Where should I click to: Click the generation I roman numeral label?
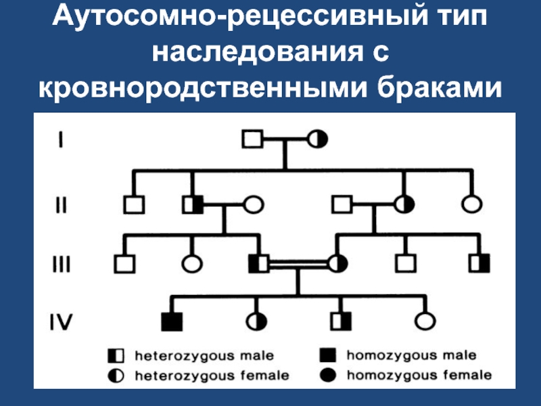pyautogui.click(x=61, y=139)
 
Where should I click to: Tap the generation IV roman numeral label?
pyautogui.click(x=61, y=322)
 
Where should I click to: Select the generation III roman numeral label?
pyautogui.click(x=62, y=264)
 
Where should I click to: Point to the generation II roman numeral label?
pyautogui.click(x=61, y=205)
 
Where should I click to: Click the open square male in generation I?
pyautogui.click(x=252, y=139)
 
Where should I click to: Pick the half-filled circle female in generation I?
pyautogui.click(x=317, y=139)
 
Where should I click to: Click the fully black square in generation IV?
pyautogui.click(x=172, y=322)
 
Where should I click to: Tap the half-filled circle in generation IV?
pyautogui.click(x=256, y=322)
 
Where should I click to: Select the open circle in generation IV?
pyautogui.click(x=425, y=321)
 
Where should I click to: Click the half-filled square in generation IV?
pyautogui.click(x=341, y=321)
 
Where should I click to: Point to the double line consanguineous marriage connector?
pyautogui.click(x=298, y=264)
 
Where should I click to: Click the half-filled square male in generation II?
pyautogui.click(x=193, y=205)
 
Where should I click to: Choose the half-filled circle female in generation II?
pyautogui.click(x=404, y=204)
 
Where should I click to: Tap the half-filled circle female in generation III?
pyautogui.click(x=337, y=263)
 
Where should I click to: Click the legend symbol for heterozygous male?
pyautogui.click(x=116, y=356)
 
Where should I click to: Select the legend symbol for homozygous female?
pyautogui.click(x=328, y=375)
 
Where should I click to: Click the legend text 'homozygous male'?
pyautogui.click(x=412, y=355)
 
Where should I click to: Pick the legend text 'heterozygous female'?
pyautogui.click(x=212, y=376)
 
